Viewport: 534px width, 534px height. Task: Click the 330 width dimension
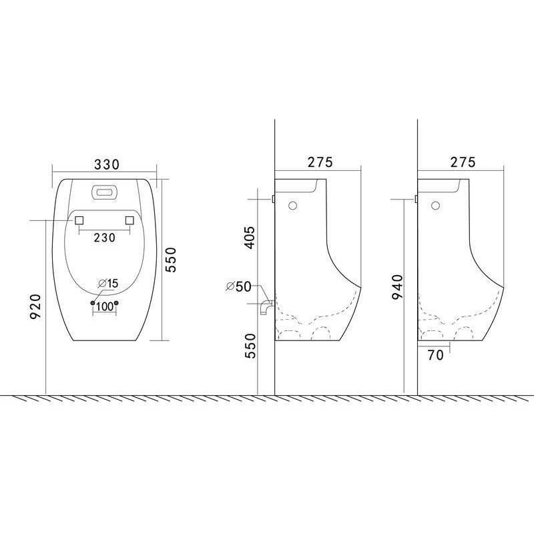pos(107,164)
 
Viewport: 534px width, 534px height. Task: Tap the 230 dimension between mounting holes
pos(105,238)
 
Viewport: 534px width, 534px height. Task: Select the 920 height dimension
pos(36,306)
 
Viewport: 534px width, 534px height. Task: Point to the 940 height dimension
pos(397,287)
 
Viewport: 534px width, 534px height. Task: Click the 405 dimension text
pos(250,238)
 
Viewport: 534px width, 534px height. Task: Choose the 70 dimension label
pos(436,355)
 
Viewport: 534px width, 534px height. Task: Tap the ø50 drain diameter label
pos(239,286)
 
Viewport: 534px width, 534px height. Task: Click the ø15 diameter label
pos(108,283)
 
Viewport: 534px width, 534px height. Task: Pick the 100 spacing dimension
pos(105,306)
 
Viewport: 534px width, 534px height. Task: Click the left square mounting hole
pos(79,220)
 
